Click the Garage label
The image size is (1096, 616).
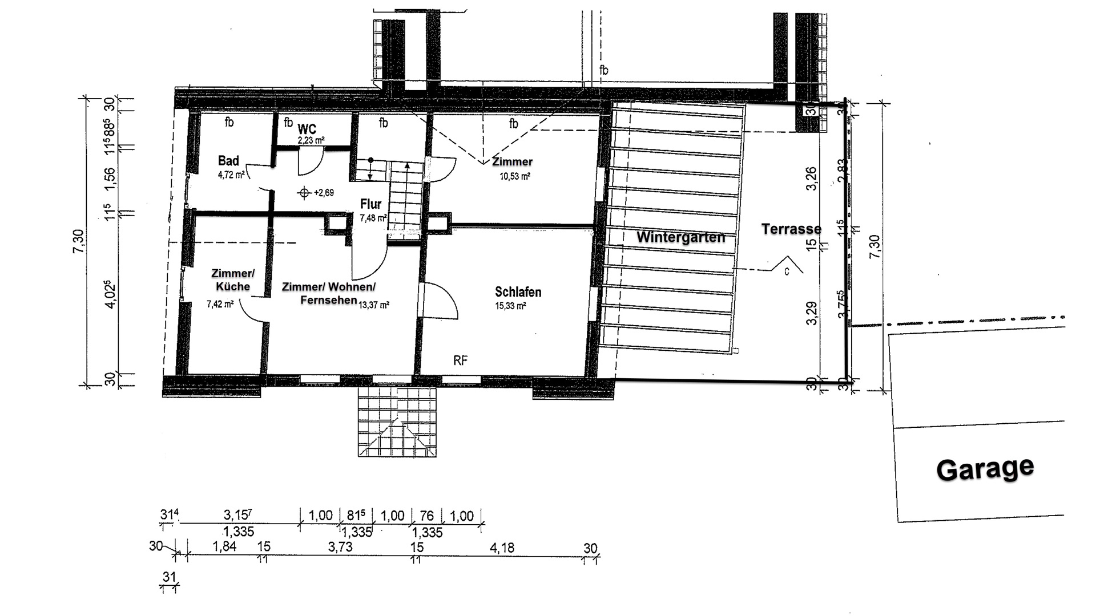click(985, 469)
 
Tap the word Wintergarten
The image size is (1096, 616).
click(680, 237)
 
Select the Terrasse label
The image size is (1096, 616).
click(791, 229)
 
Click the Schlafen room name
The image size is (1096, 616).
click(518, 292)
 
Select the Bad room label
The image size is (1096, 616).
click(228, 161)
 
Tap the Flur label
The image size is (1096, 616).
click(370, 204)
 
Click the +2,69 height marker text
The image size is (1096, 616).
click(324, 193)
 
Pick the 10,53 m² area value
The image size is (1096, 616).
click(515, 176)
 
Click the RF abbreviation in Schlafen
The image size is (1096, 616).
click(460, 360)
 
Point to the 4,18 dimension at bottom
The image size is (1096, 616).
click(502, 548)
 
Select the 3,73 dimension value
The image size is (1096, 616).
click(340, 547)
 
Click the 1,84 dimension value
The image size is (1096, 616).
click(224, 547)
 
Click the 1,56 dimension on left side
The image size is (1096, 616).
click(110, 180)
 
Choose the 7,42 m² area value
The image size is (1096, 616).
click(220, 305)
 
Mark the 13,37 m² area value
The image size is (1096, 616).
click(374, 305)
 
